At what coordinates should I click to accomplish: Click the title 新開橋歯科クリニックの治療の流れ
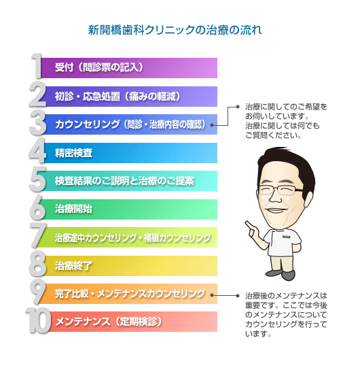[x=175, y=31]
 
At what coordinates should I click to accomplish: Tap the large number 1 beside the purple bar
[x=37, y=66]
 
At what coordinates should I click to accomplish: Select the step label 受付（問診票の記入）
[x=99, y=67]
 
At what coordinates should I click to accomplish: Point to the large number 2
[x=37, y=95]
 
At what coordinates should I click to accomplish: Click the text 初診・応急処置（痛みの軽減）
[x=118, y=97]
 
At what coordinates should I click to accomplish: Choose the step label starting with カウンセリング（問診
[x=130, y=124]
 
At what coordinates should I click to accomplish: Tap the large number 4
[x=37, y=151]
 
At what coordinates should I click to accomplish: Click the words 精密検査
[x=73, y=153]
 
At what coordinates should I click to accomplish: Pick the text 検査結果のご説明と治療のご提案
[x=124, y=181]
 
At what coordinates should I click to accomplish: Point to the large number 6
[x=37, y=207]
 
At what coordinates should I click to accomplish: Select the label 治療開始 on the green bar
[x=73, y=209]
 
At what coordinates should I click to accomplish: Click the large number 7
[x=38, y=235]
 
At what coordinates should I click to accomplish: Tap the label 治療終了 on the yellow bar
[x=73, y=266]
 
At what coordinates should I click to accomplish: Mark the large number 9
[x=37, y=292]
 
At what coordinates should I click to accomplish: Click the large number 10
[x=38, y=320]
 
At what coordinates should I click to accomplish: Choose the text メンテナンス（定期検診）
[x=109, y=322]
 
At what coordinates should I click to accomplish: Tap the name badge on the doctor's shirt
[x=286, y=237]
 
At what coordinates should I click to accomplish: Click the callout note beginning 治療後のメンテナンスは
[x=286, y=315]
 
